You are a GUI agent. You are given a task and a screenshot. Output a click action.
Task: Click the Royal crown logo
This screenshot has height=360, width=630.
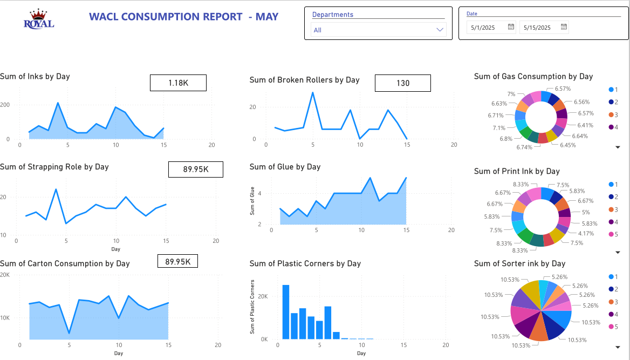click(39, 19)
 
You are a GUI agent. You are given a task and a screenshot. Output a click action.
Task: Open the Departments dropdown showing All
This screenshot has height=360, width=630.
click(378, 30)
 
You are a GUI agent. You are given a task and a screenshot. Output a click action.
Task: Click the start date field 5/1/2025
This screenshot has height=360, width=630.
click(485, 27)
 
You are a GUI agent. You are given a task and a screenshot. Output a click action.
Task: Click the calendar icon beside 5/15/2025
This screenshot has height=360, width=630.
click(564, 26)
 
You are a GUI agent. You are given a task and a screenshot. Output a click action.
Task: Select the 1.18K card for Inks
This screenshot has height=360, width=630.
click(178, 83)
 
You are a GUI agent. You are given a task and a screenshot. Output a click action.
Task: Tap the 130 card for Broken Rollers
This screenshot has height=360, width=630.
click(402, 83)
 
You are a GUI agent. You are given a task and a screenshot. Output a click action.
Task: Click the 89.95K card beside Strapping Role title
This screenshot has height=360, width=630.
click(195, 169)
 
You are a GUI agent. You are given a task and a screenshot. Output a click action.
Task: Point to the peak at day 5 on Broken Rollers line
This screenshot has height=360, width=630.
click(312, 93)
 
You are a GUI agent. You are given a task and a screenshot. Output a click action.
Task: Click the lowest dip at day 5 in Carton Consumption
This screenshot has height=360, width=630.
click(69, 333)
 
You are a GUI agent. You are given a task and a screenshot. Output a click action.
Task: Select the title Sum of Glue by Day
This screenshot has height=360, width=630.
click(285, 167)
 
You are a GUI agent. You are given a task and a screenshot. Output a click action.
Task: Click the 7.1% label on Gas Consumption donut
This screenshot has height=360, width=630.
click(499, 128)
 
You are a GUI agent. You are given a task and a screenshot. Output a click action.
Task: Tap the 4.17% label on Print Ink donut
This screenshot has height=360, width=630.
click(585, 234)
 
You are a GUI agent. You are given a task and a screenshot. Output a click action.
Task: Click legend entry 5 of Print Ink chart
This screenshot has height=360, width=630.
click(613, 235)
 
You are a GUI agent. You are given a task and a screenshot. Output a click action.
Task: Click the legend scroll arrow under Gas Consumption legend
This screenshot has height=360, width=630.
click(618, 147)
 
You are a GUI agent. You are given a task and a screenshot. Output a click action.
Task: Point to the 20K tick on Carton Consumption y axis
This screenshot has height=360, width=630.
click(5, 275)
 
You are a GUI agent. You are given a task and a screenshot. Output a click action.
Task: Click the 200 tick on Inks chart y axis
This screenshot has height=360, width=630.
click(5, 104)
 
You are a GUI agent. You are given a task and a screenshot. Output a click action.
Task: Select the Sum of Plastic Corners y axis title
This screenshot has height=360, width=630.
click(252, 307)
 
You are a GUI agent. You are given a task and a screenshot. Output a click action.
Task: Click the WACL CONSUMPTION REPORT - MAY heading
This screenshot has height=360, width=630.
click(183, 17)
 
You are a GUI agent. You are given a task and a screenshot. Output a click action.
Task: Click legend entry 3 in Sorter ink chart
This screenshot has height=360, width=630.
click(613, 302)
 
